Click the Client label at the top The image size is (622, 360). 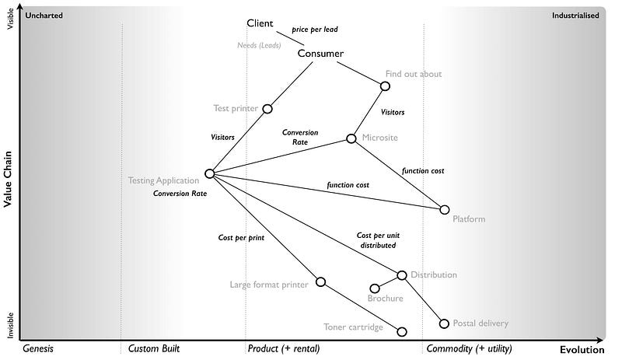(260, 23)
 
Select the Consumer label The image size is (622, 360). (320, 54)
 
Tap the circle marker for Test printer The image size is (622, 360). (267, 109)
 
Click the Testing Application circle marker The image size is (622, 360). (209, 174)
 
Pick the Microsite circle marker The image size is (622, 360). (351, 138)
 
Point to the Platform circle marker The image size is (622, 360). (445, 210)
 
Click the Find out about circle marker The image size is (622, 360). (385, 86)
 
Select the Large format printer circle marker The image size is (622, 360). (320, 281)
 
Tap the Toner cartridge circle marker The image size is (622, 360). (402, 332)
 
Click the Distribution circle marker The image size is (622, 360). (402, 275)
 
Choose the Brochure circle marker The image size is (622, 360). (375, 288)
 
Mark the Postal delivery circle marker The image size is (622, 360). (445, 323)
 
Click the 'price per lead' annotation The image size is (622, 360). (314, 30)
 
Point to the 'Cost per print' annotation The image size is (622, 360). (240, 237)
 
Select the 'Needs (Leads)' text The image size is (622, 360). (258, 45)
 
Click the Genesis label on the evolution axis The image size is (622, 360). (37, 349)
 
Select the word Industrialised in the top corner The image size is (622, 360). (575, 15)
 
